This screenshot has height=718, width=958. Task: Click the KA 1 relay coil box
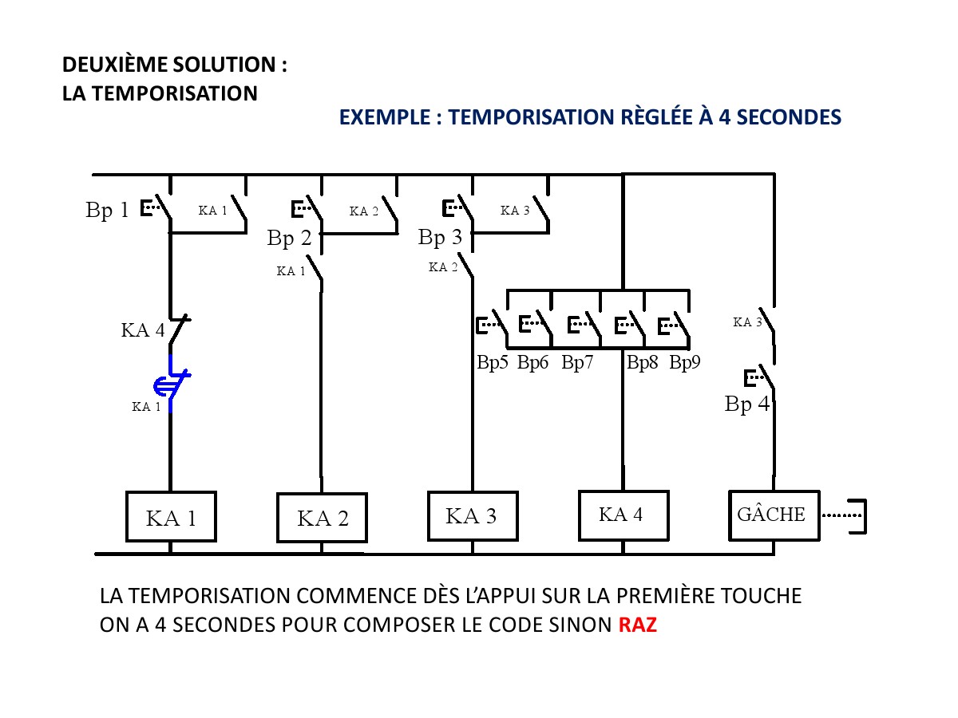(x=171, y=516)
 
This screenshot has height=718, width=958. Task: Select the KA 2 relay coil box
(x=322, y=518)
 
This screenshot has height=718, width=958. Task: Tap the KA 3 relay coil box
(x=472, y=515)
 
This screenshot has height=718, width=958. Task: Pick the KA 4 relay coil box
(x=623, y=515)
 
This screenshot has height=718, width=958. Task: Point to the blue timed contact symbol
(x=172, y=383)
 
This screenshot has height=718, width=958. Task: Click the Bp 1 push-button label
(x=107, y=211)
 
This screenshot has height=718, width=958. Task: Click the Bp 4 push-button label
(x=747, y=404)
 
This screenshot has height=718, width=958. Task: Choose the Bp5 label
(x=493, y=363)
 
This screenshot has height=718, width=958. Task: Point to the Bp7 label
(x=577, y=363)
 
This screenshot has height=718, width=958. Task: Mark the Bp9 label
(x=685, y=363)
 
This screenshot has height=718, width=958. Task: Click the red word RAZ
(x=638, y=625)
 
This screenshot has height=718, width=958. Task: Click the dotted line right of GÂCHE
(x=841, y=515)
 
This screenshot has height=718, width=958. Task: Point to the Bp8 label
(x=642, y=363)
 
